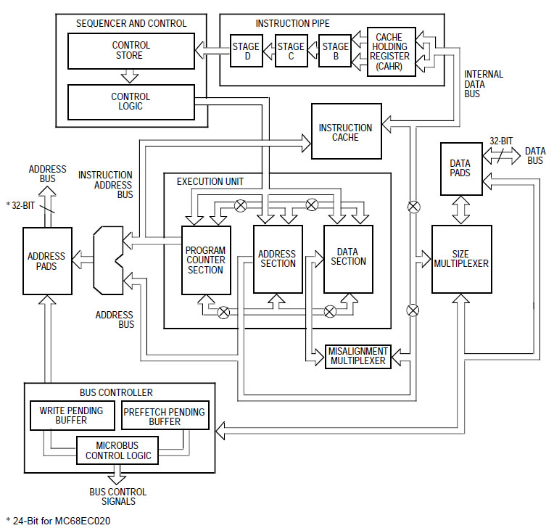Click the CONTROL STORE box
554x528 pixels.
pos(131,50)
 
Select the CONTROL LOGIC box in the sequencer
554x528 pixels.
pos(131,102)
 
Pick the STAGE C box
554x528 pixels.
pos(291,51)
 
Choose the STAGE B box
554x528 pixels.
pos(335,51)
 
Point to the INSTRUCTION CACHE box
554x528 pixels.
pos(346,132)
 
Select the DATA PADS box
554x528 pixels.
pos(460,168)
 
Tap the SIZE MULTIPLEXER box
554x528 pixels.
pos(461,259)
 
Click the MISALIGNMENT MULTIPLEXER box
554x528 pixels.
pos(357,356)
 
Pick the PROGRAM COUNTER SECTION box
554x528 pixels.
pos(205,259)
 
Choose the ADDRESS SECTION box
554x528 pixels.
pos(277,259)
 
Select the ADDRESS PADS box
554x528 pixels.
pos(46,261)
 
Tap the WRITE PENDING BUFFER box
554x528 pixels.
pos(71,416)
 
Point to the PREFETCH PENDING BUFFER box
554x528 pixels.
pos(165,416)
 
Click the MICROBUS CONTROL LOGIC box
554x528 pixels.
pos(119,450)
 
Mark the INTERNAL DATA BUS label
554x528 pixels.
pos(483,84)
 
